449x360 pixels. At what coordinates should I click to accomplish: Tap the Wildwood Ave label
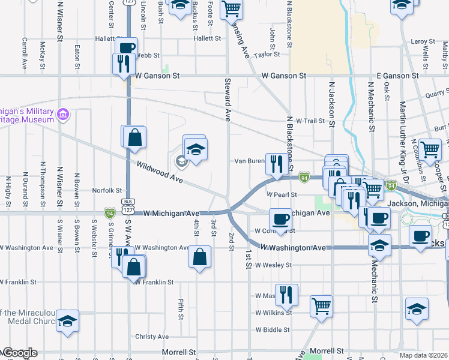tap(160, 172)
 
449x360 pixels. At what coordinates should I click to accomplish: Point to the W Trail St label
tap(310, 121)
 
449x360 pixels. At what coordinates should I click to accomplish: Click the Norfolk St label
tap(107, 191)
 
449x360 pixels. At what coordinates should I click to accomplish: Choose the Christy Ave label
tap(152, 337)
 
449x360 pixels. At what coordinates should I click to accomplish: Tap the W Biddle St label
tap(273, 330)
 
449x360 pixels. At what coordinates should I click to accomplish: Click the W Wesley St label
tap(273, 265)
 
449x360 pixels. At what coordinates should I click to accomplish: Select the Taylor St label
tap(267, 55)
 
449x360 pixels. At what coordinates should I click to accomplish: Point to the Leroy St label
tap(423, 41)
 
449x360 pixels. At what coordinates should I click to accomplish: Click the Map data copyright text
tap(424, 355)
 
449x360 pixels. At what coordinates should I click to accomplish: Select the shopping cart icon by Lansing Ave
tap(231, 9)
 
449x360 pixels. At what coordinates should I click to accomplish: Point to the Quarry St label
tap(436, 93)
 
